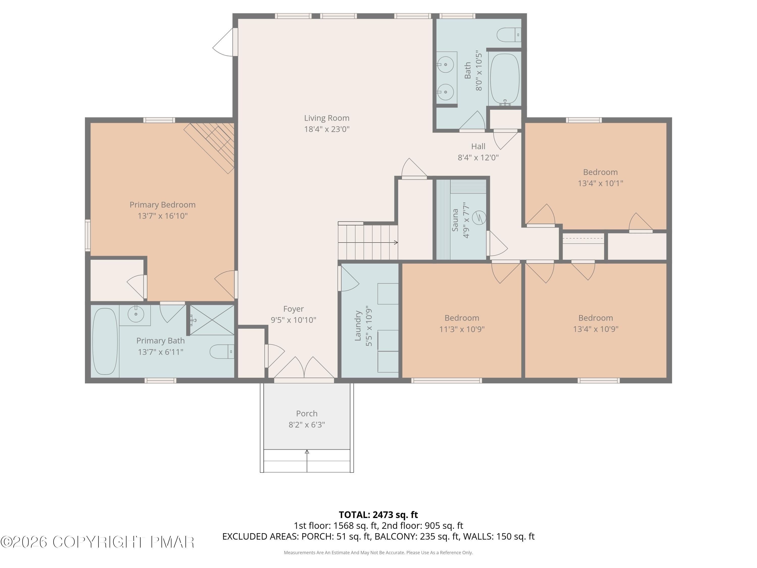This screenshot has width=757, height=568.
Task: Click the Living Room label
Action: [327, 118]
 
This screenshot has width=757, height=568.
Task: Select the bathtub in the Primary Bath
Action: [105, 341]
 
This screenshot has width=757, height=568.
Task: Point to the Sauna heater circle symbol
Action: [479, 217]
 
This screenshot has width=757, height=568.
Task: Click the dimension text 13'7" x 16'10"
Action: [163, 216]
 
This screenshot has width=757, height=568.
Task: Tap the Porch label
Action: [307, 413]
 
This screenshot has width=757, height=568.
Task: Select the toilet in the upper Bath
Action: [508, 35]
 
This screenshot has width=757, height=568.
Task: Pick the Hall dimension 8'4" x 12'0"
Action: [478, 158]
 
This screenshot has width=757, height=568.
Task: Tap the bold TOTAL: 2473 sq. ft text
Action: [378, 514]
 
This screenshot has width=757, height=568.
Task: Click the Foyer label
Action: [293, 309]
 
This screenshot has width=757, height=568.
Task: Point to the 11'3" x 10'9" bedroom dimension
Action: [462, 329]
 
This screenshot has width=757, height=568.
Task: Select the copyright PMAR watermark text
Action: [98, 542]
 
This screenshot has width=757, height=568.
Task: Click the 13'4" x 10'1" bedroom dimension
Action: [600, 183]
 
